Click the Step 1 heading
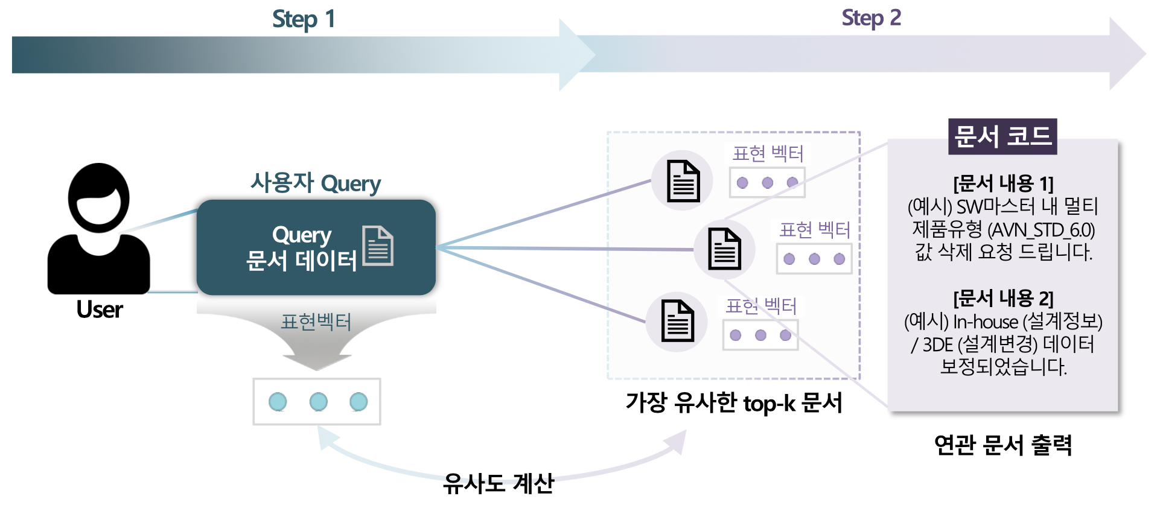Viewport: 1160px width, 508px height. [x=304, y=19]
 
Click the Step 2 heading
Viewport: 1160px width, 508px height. [x=871, y=18]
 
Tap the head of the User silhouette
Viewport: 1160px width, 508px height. [x=98, y=197]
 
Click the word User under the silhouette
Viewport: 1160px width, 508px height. [x=100, y=310]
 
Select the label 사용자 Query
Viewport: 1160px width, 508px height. [x=316, y=183]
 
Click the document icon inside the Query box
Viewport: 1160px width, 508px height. [x=378, y=246]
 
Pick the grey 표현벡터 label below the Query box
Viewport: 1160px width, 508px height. [x=316, y=322]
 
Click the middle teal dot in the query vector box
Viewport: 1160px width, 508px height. [x=318, y=402]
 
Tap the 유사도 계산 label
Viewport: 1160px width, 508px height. [x=499, y=483]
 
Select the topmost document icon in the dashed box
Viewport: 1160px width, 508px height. [x=683, y=181]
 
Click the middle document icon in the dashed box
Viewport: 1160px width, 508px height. [x=724, y=249]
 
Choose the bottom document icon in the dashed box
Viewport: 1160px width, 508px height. [x=677, y=321]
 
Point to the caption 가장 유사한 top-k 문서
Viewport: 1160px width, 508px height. [x=734, y=402]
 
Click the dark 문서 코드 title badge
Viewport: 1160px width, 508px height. [x=1002, y=136]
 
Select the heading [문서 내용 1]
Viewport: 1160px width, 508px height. [x=1003, y=183]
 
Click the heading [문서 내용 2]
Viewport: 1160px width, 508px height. [x=1003, y=298]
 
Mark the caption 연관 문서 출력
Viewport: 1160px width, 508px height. [x=1002, y=445]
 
